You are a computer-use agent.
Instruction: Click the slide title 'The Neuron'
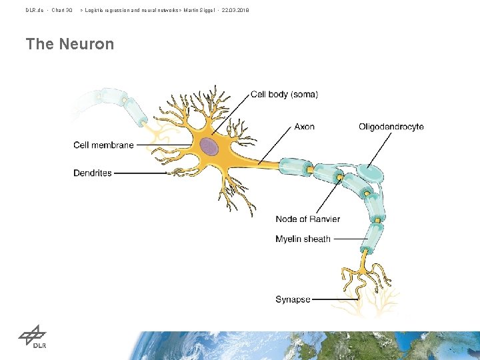pos(70,45)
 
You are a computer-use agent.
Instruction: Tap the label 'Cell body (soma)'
pos(284,95)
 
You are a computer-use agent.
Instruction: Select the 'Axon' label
pos(304,127)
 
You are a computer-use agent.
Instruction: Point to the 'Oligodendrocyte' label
pos(391,127)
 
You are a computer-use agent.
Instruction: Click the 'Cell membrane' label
pos(103,145)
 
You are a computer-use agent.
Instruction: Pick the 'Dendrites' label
pos(93,173)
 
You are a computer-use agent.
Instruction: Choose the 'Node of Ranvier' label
pos(307,219)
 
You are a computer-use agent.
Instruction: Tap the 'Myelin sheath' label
pos(303,239)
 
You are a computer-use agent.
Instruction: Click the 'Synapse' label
pos(293,299)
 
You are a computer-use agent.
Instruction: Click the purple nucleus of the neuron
pos(209,147)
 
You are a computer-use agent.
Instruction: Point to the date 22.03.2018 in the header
pos(235,11)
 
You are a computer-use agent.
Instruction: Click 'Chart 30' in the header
pos(62,11)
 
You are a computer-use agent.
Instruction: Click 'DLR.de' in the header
pos(35,11)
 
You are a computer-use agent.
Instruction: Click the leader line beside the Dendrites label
pos(140,173)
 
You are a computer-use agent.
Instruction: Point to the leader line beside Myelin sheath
pos(349,239)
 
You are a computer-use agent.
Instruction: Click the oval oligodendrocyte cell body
pos(371,174)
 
